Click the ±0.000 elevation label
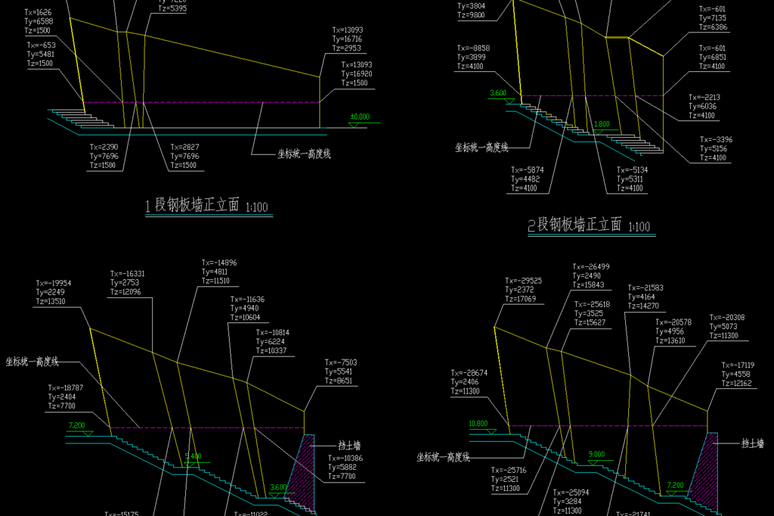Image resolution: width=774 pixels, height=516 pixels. click(x=360, y=117)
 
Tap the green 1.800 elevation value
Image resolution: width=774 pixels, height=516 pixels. click(x=602, y=123)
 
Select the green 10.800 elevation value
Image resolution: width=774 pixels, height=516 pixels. click(x=478, y=423)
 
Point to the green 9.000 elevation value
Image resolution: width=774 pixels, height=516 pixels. click(x=596, y=454)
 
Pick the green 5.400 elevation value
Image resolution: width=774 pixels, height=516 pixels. click(x=193, y=456)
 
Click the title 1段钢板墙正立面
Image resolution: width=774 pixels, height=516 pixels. click(x=193, y=205)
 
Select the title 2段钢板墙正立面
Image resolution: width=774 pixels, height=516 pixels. click(x=574, y=224)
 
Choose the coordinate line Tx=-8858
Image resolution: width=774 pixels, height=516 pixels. click(x=473, y=48)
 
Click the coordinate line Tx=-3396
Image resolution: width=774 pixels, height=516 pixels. click(x=716, y=140)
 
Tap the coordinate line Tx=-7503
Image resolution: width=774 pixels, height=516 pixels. click(x=340, y=362)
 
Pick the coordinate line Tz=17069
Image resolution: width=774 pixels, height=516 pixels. click(x=520, y=299)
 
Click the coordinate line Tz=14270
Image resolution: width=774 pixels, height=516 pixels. click(x=644, y=306)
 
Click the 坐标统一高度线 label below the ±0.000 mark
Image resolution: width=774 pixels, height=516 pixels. click(x=304, y=154)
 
